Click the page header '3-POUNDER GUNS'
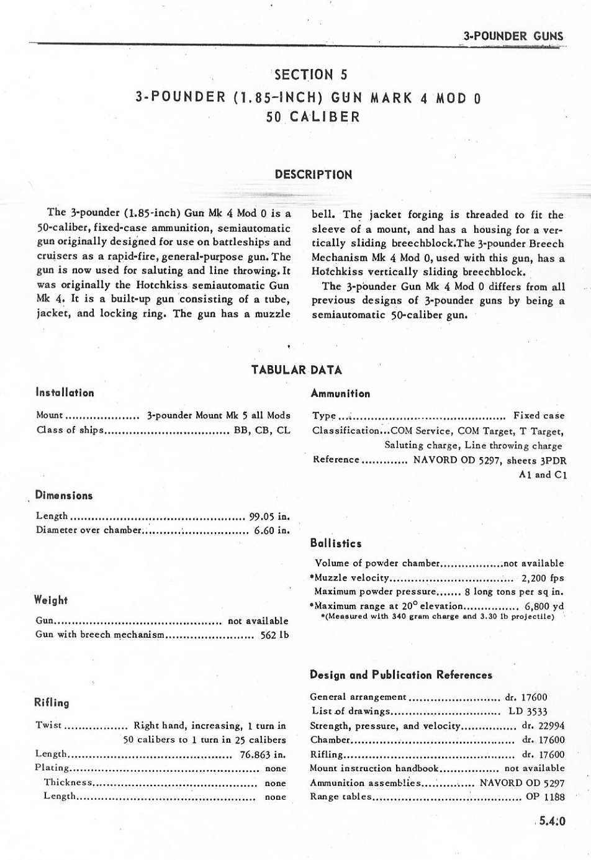(x=513, y=35)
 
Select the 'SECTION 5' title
(x=310, y=75)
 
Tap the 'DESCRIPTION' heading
(x=313, y=174)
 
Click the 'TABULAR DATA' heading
(x=296, y=370)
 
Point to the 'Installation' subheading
(x=65, y=392)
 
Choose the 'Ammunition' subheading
(x=340, y=393)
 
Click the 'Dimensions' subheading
(x=64, y=496)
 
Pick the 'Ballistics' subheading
(x=335, y=543)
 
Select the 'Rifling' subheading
(x=52, y=703)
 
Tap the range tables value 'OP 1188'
(x=545, y=797)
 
